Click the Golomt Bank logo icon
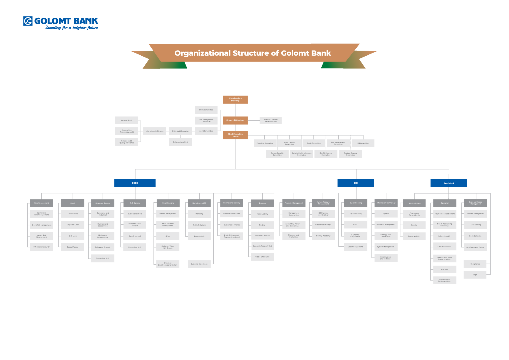(x=28, y=21)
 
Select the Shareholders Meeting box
(x=235, y=99)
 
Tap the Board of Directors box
(x=235, y=120)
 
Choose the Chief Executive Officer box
(x=235, y=135)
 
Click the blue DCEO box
(x=135, y=183)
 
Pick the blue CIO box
(x=356, y=183)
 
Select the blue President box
(x=449, y=183)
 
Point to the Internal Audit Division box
(x=154, y=131)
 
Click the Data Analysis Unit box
(x=180, y=142)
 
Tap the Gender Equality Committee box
(x=277, y=154)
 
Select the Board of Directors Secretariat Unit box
(x=270, y=120)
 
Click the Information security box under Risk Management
(x=41, y=247)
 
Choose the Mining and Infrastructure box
(x=103, y=236)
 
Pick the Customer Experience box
(x=199, y=264)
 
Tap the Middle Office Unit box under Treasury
(x=262, y=257)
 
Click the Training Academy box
(x=323, y=236)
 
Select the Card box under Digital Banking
(x=355, y=224)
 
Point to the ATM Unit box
(x=444, y=269)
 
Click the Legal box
(x=475, y=275)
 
